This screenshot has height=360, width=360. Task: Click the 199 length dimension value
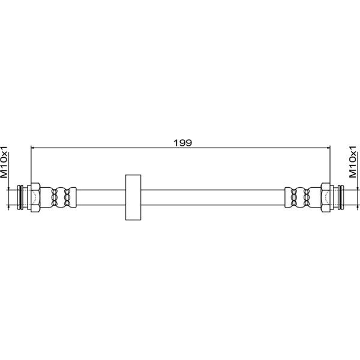(x=182, y=143)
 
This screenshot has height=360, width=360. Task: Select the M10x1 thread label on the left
(x=4, y=162)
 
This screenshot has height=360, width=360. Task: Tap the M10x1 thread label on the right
(x=353, y=161)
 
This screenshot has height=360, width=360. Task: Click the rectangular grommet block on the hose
(x=133, y=197)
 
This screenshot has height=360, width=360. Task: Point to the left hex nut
(x=35, y=197)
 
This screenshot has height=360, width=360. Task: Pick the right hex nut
(x=326, y=197)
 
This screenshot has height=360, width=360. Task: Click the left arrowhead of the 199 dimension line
(x=33, y=148)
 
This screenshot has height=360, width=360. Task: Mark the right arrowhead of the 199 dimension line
(x=328, y=148)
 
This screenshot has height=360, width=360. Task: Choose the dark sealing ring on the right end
(x=340, y=197)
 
